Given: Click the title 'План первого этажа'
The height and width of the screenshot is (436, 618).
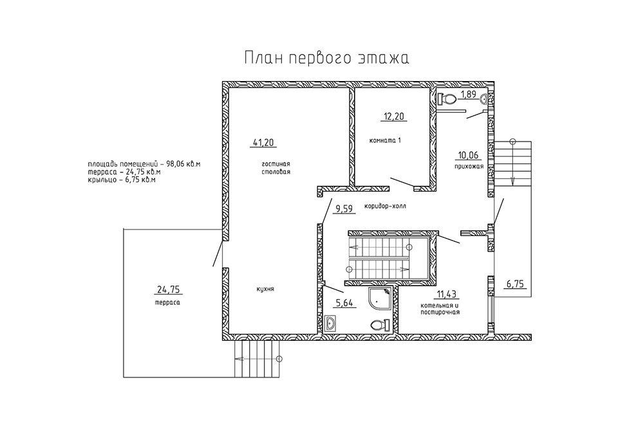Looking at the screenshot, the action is tap(327, 57).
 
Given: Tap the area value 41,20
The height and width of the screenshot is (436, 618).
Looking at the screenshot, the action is tap(263, 142).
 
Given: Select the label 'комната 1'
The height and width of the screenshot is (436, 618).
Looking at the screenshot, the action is tap(385, 140).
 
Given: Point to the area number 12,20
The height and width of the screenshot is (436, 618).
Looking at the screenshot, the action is tap(394, 116).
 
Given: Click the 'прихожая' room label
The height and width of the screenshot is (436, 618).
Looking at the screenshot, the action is tap(468, 166).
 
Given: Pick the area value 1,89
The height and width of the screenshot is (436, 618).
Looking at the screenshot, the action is tap(469, 95).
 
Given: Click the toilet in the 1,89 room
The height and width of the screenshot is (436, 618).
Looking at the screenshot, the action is tap(447, 98).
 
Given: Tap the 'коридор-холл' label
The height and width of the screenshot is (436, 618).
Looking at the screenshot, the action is tap(385, 206).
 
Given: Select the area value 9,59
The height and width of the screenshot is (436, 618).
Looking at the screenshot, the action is tap(344, 208).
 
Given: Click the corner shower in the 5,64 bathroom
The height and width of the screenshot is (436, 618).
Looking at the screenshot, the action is tap(380, 299).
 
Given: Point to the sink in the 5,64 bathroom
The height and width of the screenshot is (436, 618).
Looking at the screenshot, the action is tap(330, 323).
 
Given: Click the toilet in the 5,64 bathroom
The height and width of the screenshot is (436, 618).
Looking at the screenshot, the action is tap(380, 325).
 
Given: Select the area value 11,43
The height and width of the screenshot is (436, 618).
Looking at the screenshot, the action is tap(447, 294).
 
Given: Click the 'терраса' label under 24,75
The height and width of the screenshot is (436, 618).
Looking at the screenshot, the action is tap(167, 302).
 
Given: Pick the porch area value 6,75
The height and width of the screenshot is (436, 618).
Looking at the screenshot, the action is tap(516, 284).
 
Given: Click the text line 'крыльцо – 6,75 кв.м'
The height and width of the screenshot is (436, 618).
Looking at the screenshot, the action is tap(122, 180).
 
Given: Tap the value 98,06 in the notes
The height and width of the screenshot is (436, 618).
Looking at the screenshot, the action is tap(176, 163).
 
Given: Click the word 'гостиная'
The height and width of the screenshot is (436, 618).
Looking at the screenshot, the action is tap(276, 164).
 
